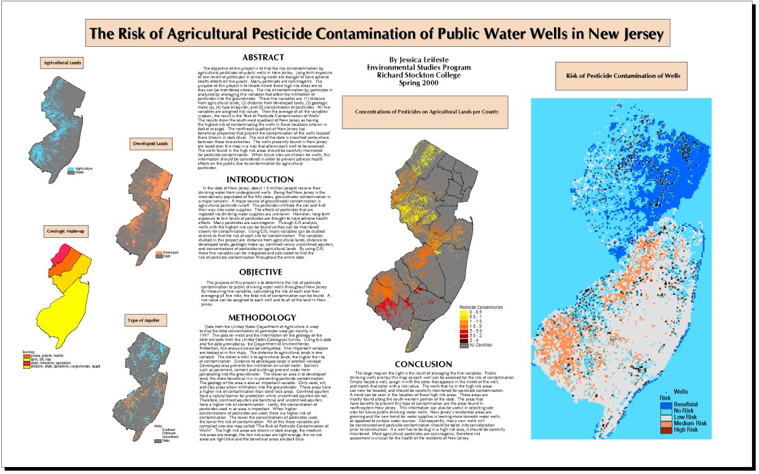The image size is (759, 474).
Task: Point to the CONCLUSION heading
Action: (423, 364)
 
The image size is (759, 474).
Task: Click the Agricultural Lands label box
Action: (61, 63)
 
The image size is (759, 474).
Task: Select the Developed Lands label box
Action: (150, 144)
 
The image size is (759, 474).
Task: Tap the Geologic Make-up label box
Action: (65, 232)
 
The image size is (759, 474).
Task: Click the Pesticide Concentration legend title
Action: (481, 307)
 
